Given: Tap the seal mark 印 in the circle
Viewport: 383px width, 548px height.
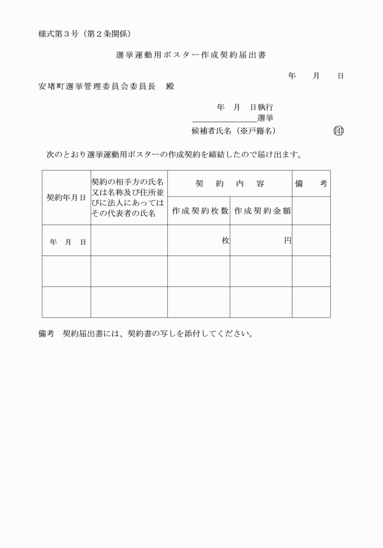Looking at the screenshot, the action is coord(338,130).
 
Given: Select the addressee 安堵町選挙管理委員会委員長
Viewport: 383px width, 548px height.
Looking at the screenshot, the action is coord(97,86).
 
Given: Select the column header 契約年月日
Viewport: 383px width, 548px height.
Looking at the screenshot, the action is coord(66,197).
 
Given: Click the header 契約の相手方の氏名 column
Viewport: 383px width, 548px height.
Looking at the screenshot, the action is coord(128,197).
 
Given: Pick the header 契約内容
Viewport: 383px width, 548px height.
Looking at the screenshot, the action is coord(229,183).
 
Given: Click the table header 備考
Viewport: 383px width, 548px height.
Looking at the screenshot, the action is coord(311,183).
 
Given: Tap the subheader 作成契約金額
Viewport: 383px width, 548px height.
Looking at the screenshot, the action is coord(261,211).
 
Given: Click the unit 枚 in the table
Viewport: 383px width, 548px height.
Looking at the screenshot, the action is coord(225,241).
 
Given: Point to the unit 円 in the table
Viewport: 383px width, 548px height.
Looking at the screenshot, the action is coord(288,241).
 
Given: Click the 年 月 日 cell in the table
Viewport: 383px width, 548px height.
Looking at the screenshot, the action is coord(66,242).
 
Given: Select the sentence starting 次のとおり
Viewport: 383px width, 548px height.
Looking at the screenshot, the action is coord(174,155).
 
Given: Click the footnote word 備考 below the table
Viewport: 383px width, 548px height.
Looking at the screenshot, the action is coord(46,333).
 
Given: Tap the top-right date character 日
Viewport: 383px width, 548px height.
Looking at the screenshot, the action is coord(340,76).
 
